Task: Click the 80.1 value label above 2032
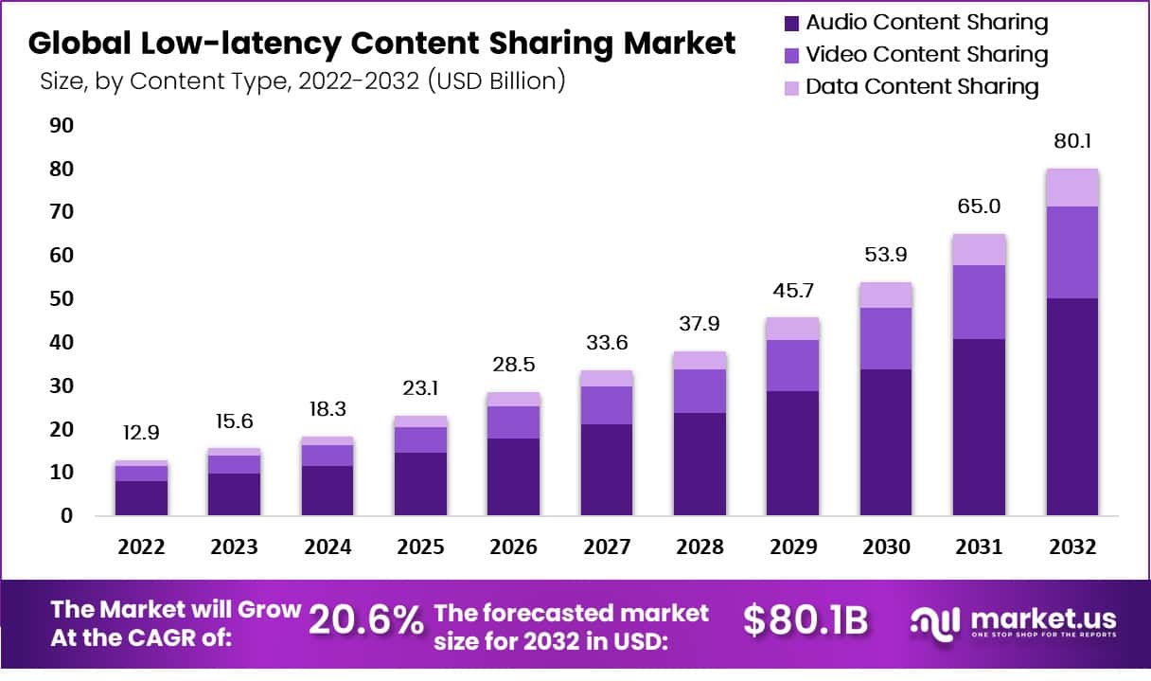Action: coord(1072,142)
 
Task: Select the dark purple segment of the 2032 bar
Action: coord(1072,407)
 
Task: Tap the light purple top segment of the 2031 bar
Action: coord(980,249)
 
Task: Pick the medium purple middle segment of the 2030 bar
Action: coord(887,338)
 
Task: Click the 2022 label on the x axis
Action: coord(142,547)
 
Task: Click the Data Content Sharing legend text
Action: coord(922,87)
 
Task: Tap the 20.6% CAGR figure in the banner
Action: coord(366,620)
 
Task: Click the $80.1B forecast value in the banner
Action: coord(806,620)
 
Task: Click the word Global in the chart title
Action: coord(76,43)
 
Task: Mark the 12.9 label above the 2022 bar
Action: coord(142,432)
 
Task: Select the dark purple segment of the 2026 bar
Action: coord(513,476)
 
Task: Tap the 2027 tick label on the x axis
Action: coord(607,547)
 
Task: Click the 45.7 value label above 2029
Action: coord(793,288)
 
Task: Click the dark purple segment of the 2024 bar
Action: coord(328,491)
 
